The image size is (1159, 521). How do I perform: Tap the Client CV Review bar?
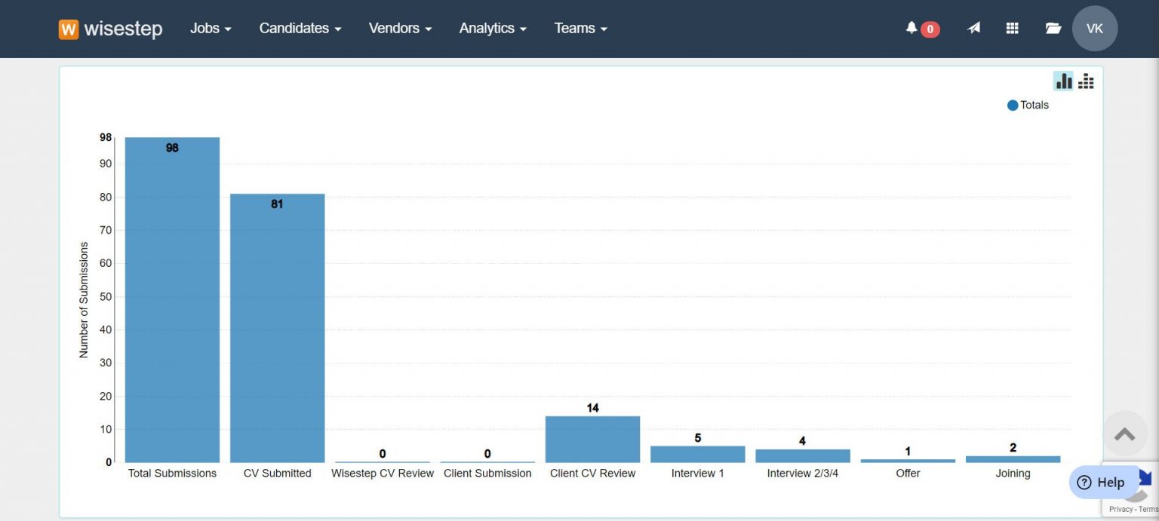592,439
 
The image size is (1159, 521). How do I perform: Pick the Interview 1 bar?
697,454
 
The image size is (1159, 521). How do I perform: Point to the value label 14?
592,408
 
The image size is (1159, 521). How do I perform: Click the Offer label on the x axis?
908,473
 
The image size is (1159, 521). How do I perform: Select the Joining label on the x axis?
1013,473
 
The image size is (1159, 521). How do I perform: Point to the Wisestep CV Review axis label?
383,473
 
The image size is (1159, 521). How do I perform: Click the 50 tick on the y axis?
106,296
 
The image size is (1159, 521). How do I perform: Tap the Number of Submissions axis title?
84,299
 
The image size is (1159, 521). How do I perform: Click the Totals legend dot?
1013,106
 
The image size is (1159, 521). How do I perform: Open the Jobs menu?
211,29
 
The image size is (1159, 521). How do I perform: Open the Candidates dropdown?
300,29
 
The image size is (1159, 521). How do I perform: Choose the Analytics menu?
493,29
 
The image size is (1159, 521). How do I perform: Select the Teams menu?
580,29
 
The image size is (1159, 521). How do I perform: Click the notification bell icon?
912,28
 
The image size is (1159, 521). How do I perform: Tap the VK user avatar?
1094,29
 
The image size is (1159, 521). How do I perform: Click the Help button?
1102,483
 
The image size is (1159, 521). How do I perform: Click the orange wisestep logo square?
69,29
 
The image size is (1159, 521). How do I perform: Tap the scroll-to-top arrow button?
1124,434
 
